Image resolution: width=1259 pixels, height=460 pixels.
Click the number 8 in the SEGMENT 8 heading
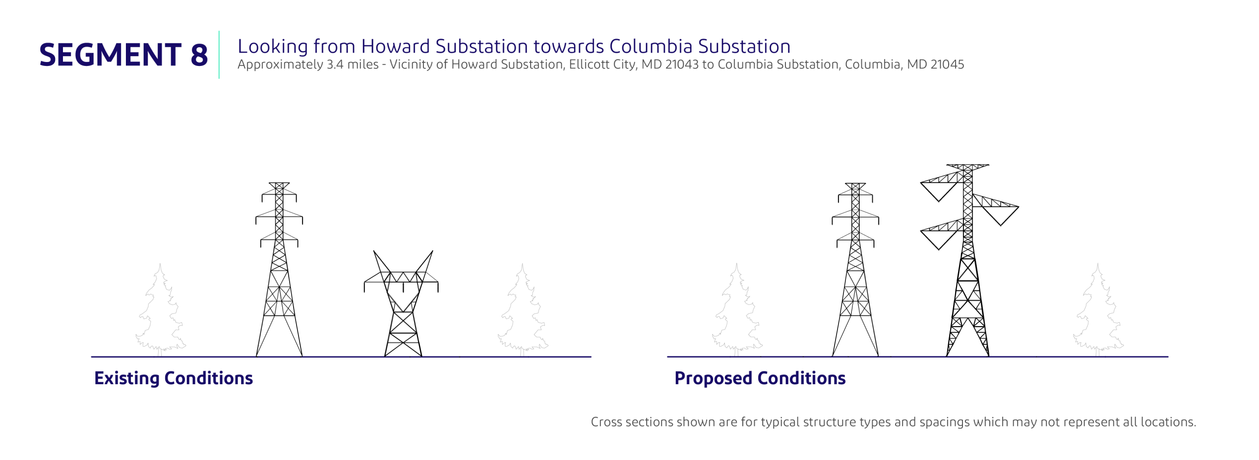tap(199, 55)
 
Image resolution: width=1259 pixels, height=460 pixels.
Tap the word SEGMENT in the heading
tap(110, 55)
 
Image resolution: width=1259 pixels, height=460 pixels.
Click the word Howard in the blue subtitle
tap(395, 46)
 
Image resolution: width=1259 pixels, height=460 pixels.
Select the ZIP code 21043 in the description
tap(681, 64)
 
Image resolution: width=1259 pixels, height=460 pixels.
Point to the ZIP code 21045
tap(947, 64)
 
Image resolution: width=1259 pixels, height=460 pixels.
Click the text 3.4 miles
tap(353, 64)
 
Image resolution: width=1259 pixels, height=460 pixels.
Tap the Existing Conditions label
tap(174, 378)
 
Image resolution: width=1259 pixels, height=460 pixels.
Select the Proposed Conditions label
tap(760, 378)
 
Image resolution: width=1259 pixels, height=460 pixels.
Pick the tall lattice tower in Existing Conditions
tap(279, 270)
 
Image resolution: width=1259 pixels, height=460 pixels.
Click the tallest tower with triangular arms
tap(968, 260)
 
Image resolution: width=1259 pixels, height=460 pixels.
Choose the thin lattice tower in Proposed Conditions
tap(855, 270)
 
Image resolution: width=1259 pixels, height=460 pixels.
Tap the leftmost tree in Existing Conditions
tap(160, 309)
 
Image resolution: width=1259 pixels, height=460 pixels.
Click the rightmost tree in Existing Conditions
tap(523, 309)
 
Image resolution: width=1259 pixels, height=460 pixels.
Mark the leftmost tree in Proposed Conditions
tap(737, 309)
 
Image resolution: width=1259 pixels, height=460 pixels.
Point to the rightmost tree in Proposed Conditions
tap(1098, 309)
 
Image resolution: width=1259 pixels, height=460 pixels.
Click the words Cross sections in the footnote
tap(632, 422)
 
